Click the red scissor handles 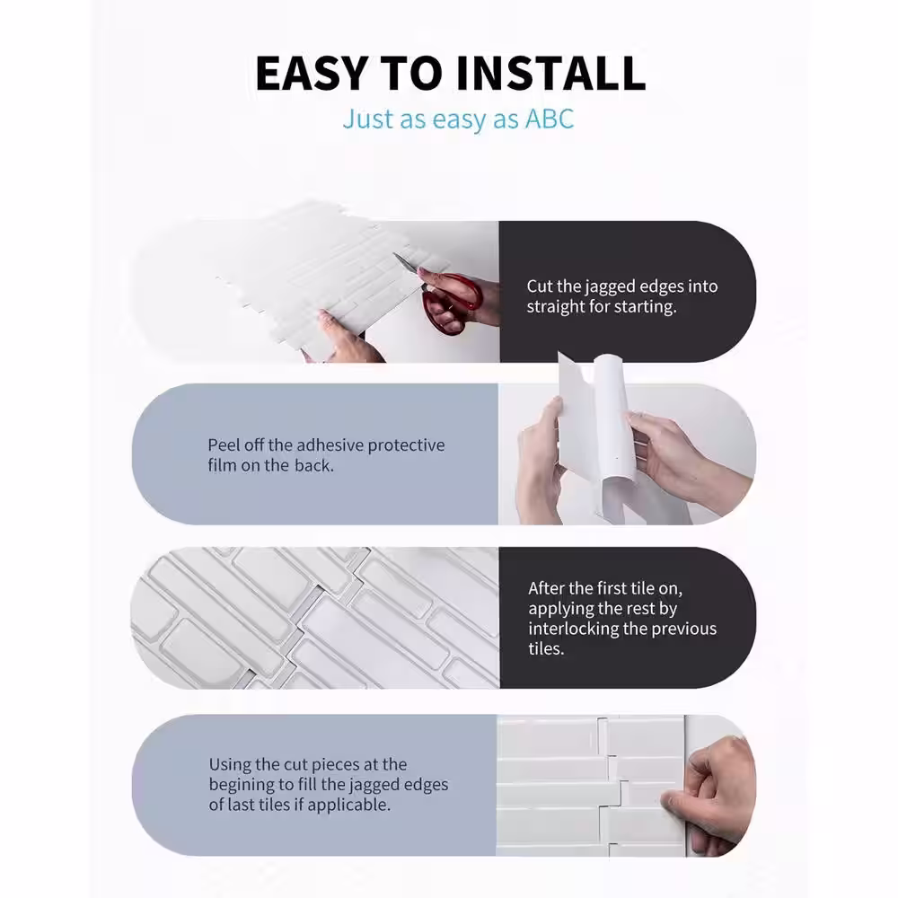point(453,304)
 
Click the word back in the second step point(313,465)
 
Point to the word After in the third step point(546,588)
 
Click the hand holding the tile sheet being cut point(344,338)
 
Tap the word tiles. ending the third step point(546,648)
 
